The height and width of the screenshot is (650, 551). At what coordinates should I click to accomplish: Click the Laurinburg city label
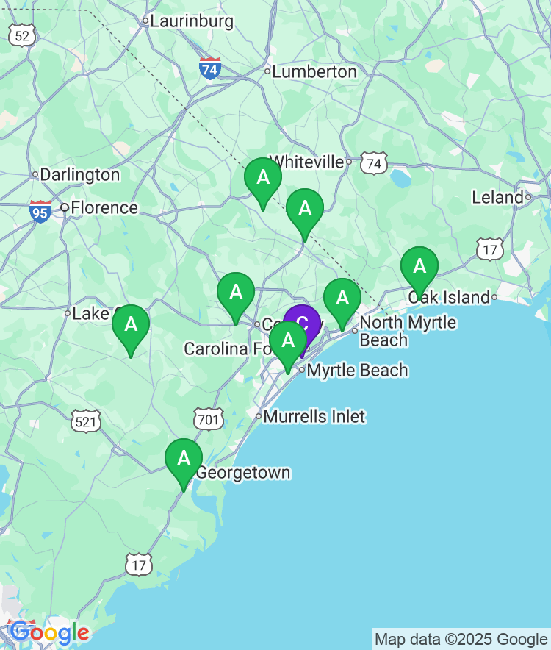191,21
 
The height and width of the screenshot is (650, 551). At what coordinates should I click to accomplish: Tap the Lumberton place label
314,72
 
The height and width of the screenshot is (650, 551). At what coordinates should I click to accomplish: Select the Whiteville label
307,162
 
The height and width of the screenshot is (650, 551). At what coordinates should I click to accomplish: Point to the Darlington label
79,175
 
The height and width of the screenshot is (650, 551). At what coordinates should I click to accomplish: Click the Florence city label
104,208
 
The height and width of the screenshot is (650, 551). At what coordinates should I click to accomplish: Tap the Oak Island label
448,297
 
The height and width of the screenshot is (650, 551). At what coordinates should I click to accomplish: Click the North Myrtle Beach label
407,331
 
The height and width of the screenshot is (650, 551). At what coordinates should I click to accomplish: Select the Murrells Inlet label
314,416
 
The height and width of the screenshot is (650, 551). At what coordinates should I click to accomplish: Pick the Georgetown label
242,473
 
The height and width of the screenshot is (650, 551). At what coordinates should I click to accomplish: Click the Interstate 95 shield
40,212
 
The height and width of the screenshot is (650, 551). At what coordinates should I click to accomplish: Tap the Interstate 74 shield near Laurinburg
210,68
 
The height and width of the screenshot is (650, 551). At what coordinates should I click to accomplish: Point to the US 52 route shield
21,34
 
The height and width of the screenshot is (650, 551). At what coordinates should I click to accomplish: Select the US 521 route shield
86,421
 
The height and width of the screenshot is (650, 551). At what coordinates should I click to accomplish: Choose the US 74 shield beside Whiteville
374,164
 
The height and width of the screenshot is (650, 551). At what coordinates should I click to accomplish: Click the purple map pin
302,324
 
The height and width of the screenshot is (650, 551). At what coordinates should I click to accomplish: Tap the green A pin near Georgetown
184,459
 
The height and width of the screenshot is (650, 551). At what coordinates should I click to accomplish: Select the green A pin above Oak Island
419,266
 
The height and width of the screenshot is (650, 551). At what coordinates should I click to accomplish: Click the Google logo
49,632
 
